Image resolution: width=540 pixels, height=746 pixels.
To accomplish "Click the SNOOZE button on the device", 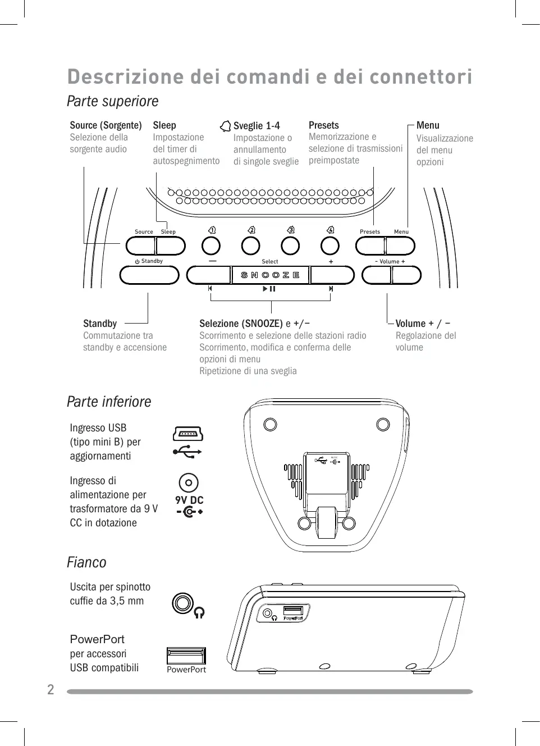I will pos(271,275).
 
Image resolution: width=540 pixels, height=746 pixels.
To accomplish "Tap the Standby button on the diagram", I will pos(149,275).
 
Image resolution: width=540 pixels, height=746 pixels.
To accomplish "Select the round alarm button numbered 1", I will pos(211,245).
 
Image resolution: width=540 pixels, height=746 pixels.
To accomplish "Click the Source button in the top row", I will pos(140,246).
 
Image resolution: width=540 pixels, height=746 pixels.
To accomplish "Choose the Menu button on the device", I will pos(400,246).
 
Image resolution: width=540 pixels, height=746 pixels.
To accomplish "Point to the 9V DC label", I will pos(189,500).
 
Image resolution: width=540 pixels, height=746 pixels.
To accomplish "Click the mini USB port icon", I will pos(188,434).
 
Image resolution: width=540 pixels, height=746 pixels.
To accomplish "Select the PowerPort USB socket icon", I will pos(186,656).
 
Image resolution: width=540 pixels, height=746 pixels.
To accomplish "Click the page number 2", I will pos(51,690).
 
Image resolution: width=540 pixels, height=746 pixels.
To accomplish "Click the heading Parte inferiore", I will pos(109,402).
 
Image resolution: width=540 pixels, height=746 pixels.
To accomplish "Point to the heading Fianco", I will pos(86,562).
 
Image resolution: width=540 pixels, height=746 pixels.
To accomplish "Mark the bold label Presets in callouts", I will pos(324,125).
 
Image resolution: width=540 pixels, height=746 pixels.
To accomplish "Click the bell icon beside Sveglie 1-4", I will pos(225,126).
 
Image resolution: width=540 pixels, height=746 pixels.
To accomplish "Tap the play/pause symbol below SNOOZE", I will pos(269,289).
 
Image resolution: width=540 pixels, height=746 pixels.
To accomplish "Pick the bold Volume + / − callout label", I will pos(423,324).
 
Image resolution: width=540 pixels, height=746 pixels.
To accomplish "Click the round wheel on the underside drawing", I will pos(327,522).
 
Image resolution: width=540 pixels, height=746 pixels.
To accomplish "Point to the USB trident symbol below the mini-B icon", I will pos(187,451).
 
